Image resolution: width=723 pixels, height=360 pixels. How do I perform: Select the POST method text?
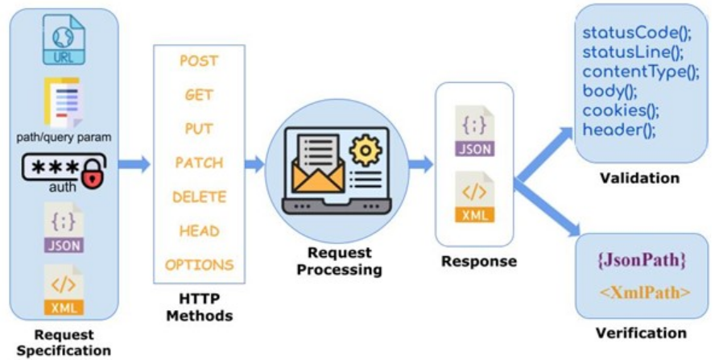point(198,60)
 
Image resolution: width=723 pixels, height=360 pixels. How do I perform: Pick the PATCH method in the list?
point(199,163)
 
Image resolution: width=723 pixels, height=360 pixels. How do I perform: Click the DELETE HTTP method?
point(200,197)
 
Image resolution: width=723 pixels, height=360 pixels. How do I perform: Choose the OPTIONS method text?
point(200,264)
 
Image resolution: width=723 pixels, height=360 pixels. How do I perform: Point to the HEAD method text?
point(200,231)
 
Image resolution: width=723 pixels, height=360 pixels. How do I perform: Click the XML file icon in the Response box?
point(473,197)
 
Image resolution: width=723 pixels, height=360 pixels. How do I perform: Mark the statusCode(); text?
point(637,35)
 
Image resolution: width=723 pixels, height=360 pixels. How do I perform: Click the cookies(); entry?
point(621,110)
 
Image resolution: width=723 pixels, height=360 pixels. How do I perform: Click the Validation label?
point(639,178)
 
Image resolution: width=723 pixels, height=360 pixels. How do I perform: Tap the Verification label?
point(641,333)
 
